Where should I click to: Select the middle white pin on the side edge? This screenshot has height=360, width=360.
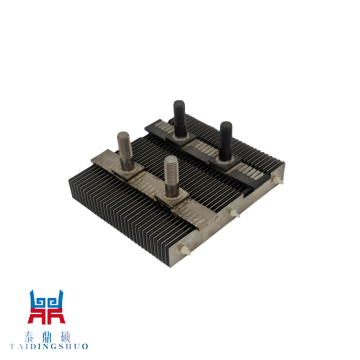click(236, 212)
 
